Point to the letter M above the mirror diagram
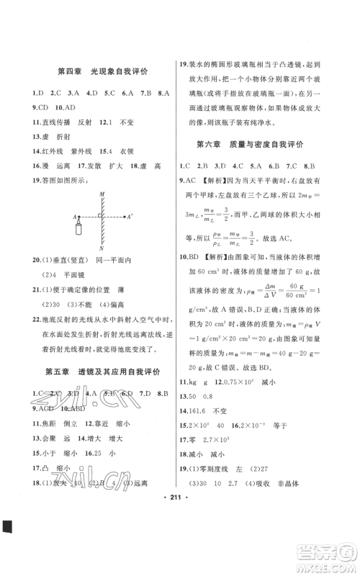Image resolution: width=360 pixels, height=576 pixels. coord(103,194)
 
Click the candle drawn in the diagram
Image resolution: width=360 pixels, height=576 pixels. coord(77,229)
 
